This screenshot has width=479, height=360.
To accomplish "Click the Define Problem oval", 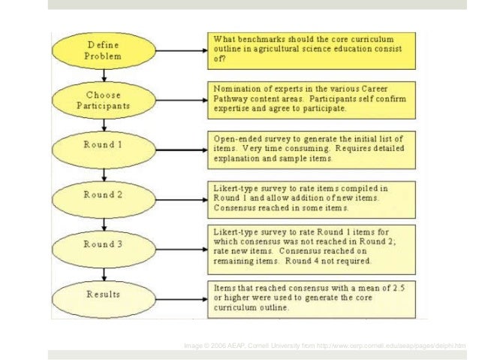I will [x=102, y=50].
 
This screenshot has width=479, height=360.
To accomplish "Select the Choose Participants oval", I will [x=104, y=101].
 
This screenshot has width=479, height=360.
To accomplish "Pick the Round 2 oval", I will [x=104, y=195].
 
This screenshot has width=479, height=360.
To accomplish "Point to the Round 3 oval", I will [x=104, y=244].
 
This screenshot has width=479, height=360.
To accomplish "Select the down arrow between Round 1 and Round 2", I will [x=104, y=172].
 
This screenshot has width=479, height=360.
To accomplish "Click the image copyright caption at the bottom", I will [x=324, y=345].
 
